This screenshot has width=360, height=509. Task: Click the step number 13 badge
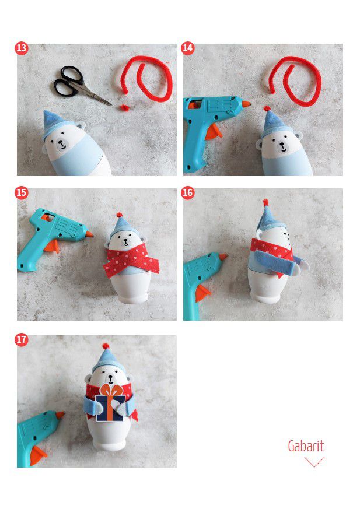[22, 48]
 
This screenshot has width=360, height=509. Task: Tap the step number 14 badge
[188, 48]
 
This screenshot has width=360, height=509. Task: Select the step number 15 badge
[22, 193]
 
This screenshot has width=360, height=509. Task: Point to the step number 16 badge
[188, 193]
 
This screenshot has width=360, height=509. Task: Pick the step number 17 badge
[22, 339]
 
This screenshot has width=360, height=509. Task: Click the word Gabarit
[306, 446]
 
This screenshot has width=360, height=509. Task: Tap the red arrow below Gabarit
[314, 462]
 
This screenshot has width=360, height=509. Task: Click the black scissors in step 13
[78, 84]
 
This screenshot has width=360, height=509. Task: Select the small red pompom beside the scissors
[124, 107]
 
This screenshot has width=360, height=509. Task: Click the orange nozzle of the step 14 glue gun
[246, 104]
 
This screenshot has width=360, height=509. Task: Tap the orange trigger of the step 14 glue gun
[214, 131]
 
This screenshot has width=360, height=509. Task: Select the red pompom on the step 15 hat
[120, 215]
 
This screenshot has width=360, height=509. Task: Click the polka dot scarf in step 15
[131, 259]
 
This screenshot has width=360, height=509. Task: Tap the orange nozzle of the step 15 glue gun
[89, 234]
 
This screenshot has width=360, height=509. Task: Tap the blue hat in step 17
[108, 360]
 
